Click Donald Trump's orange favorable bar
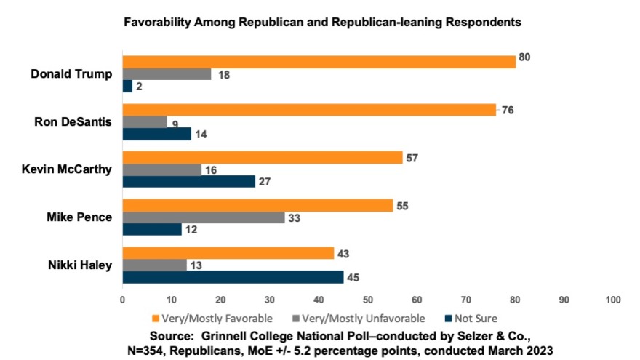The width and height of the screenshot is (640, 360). tap(319, 61)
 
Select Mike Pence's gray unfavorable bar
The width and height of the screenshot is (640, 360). tap(203, 217)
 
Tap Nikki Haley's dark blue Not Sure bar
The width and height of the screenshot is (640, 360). tap(233, 277)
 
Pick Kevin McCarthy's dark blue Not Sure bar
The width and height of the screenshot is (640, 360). tap(188, 181)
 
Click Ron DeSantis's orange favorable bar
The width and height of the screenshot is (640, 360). tap(308, 110)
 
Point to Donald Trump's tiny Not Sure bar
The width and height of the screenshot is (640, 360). tap(127, 86)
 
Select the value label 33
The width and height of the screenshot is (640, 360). tap(295, 217)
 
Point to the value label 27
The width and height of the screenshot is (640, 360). tap(265, 181)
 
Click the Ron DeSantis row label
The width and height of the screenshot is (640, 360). tap(73, 121)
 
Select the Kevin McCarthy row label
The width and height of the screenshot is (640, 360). tap(67, 169)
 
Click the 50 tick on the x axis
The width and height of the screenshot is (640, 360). tap(367, 300)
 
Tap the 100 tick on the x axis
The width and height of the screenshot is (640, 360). tap(612, 300)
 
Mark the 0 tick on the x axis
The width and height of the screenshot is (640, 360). tap(122, 300)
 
